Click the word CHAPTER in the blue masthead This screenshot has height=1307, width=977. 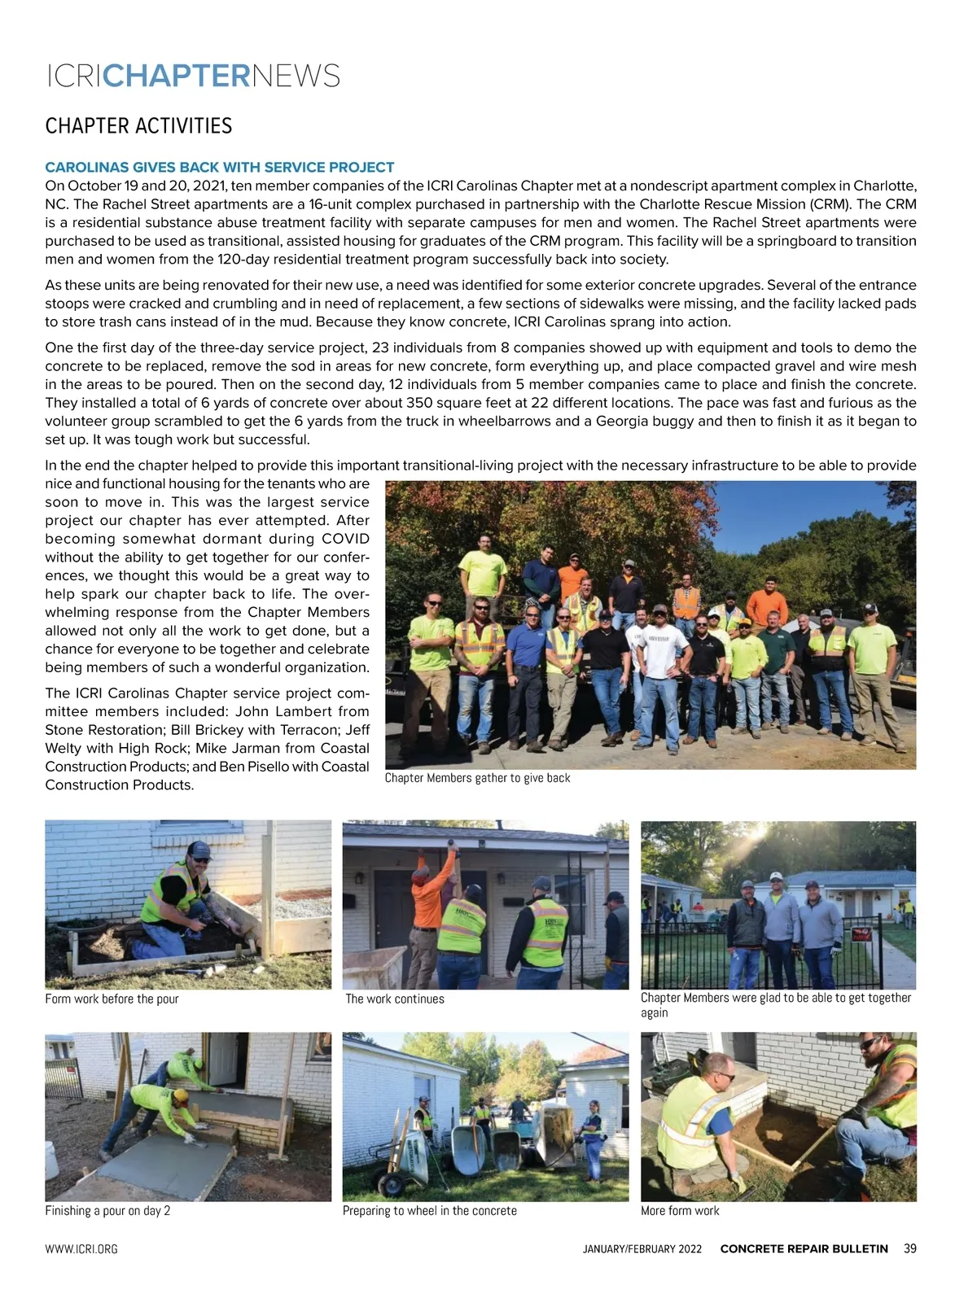point(177,76)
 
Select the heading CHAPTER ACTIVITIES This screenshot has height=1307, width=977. point(138,126)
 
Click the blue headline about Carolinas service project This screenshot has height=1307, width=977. point(219,168)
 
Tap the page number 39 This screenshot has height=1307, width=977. point(909,1248)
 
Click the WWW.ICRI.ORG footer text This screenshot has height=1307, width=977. point(81,1249)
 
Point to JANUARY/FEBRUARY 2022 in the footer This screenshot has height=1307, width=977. point(642,1249)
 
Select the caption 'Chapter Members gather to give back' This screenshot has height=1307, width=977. point(477,778)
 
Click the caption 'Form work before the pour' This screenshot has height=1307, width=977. point(112,999)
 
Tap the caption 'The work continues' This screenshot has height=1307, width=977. point(395,999)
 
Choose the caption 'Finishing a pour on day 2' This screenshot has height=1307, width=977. point(107,1210)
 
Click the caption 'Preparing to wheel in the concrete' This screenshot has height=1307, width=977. point(429,1210)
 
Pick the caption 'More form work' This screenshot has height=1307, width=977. point(680,1210)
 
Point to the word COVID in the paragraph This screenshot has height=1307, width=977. point(345,539)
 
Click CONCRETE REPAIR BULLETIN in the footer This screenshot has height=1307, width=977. point(804,1249)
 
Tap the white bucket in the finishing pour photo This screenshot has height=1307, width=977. point(51,1160)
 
